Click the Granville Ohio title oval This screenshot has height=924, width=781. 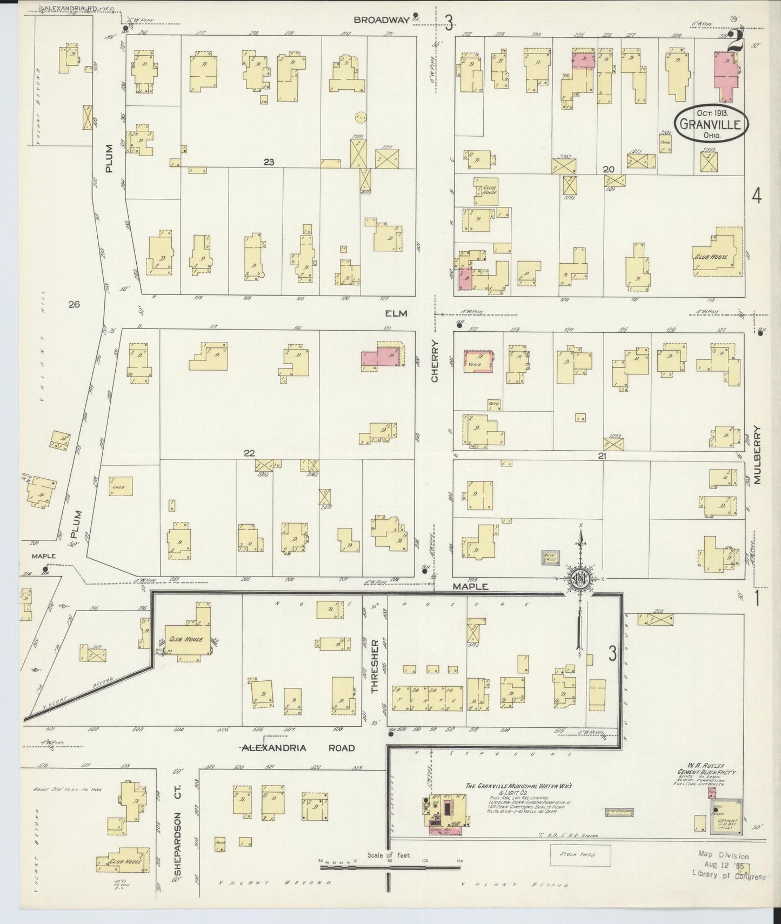point(711,123)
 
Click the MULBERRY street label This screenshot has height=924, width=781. point(757,455)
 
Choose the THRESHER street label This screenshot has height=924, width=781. point(374,666)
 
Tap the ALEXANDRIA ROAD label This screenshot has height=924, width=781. point(298,748)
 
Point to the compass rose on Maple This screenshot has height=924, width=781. point(581,579)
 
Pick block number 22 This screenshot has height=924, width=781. point(249,453)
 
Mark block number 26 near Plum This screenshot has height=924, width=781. point(74,305)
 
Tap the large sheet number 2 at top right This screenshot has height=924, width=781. point(734,41)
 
